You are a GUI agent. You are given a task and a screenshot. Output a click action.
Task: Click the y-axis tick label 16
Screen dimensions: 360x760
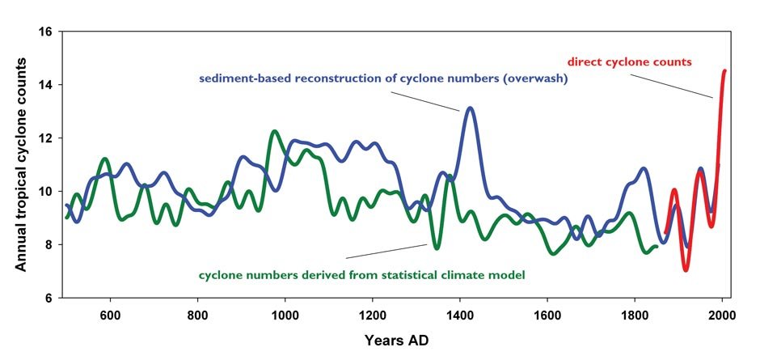click(x=45, y=32)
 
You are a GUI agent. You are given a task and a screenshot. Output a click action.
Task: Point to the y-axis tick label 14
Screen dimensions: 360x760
click(x=45, y=85)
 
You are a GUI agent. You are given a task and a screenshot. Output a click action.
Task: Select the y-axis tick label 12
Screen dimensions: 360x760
click(x=45, y=138)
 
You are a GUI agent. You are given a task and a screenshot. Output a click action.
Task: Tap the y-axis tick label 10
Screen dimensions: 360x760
click(x=45, y=192)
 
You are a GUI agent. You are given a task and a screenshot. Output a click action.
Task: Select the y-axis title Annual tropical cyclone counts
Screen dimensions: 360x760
click(x=20, y=165)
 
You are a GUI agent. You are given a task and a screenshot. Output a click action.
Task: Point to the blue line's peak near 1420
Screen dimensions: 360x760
click(x=470, y=108)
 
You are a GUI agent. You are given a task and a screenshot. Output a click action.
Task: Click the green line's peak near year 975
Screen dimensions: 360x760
click(x=274, y=131)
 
